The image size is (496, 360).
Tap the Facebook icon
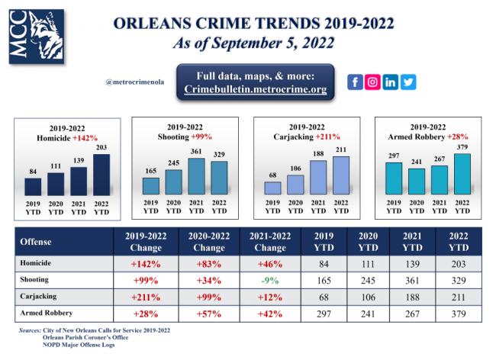tap(355, 82)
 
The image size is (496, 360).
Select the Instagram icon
tap(372, 82)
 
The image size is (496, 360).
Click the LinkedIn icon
tap(391, 82)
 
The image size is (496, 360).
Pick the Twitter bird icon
tap(408, 82)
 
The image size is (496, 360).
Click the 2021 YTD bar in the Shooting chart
tap(197, 176)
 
